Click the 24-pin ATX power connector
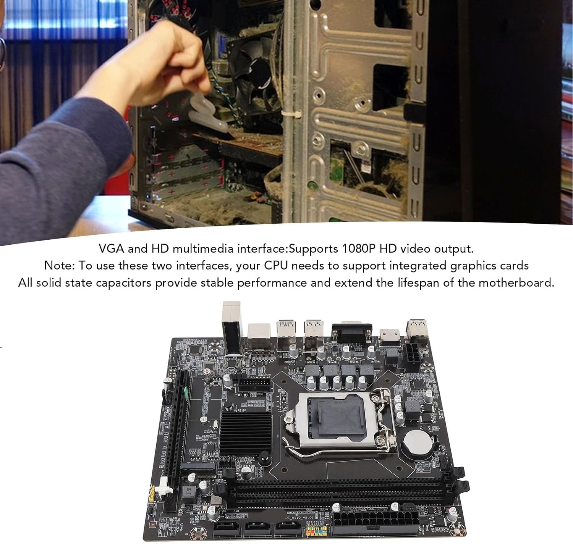coord(376,525)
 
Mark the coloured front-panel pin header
coord(317,531)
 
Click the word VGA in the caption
coord(111,249)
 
